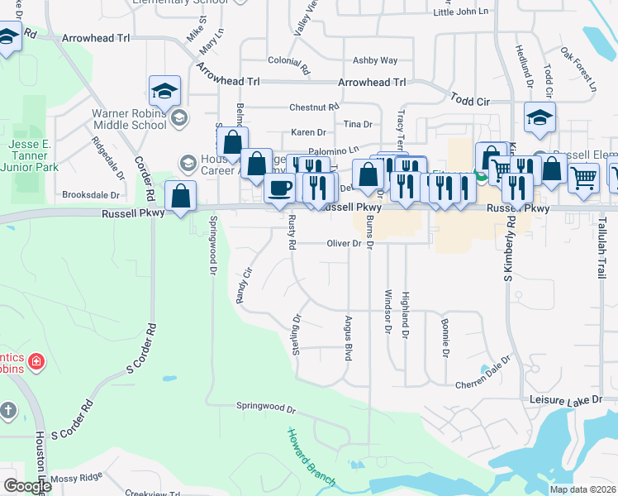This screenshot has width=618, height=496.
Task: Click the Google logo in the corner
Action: pos(26,486)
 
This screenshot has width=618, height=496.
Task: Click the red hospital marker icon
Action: pos(36,361)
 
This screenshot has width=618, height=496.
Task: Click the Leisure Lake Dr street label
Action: pos(567,401)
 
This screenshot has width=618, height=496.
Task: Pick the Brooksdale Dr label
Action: pos(91,195)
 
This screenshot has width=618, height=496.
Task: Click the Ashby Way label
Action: pos(375,60)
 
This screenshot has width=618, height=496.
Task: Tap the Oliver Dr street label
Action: pos(345,243)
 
